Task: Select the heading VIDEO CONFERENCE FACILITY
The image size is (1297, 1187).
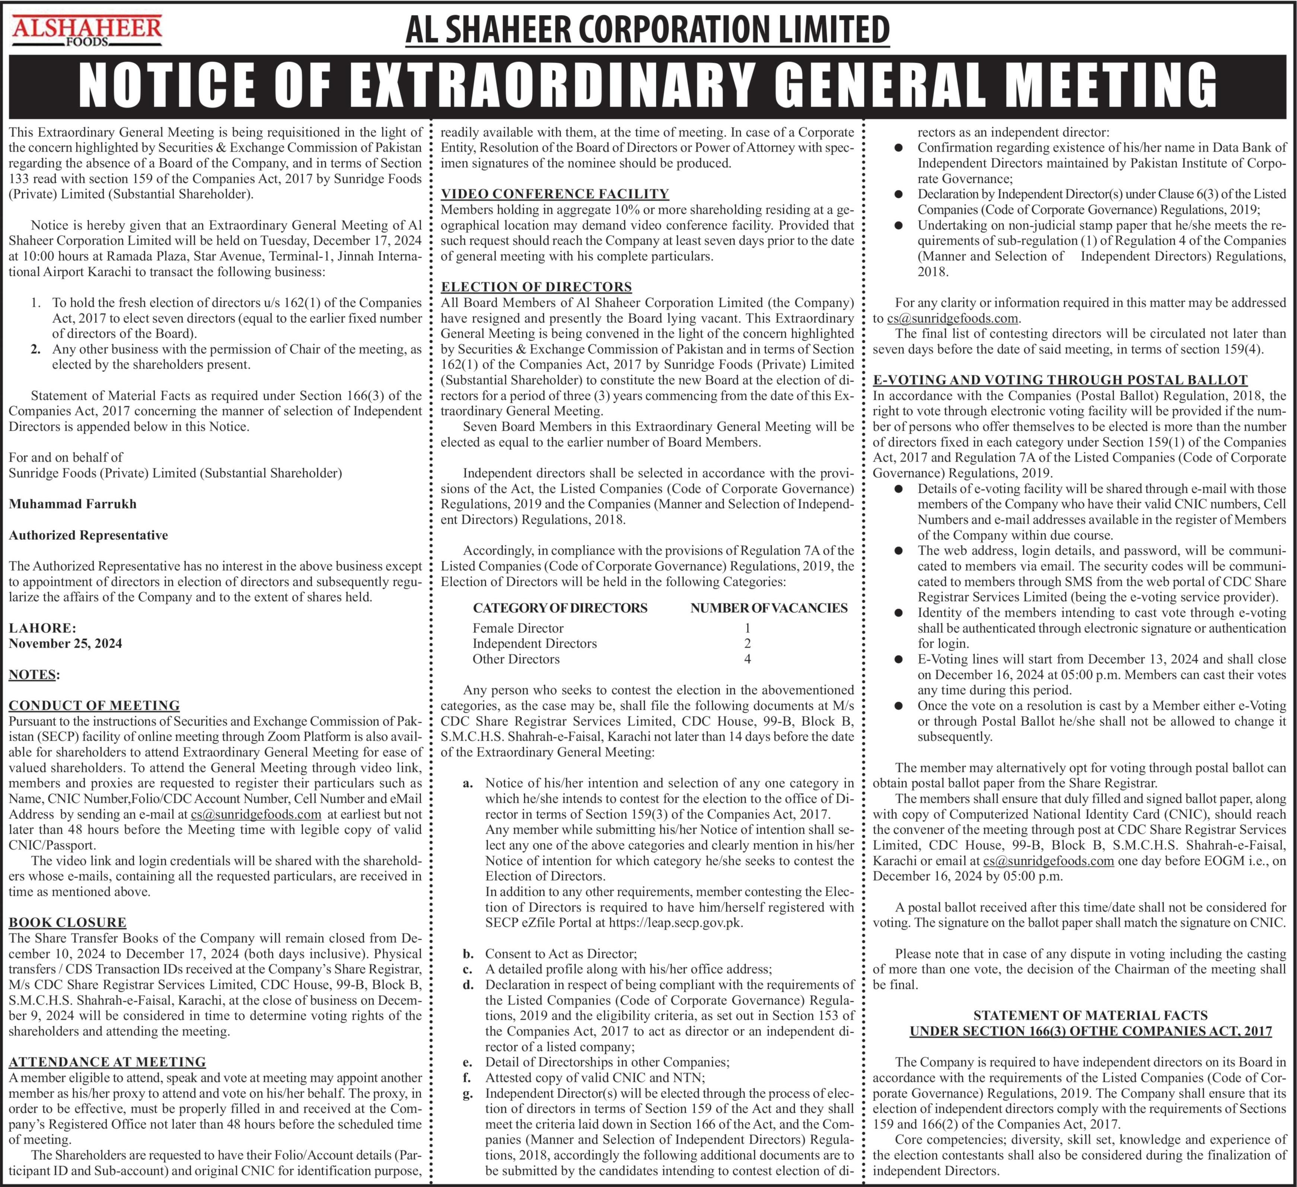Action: [x=555, y=194]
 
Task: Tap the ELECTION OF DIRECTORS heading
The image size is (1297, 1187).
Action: [x=536, y=287]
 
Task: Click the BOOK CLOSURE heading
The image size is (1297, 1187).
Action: [x=67, y=922]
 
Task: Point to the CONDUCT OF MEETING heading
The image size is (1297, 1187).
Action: [x=94, y=705]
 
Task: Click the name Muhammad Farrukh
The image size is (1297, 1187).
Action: [x=73, y=504]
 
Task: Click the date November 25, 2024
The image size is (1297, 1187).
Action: [x=65, y=643]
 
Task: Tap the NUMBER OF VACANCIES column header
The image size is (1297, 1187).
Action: [x=769, y=608]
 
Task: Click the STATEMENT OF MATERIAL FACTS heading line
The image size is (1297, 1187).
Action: [x=1090, y=1015]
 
